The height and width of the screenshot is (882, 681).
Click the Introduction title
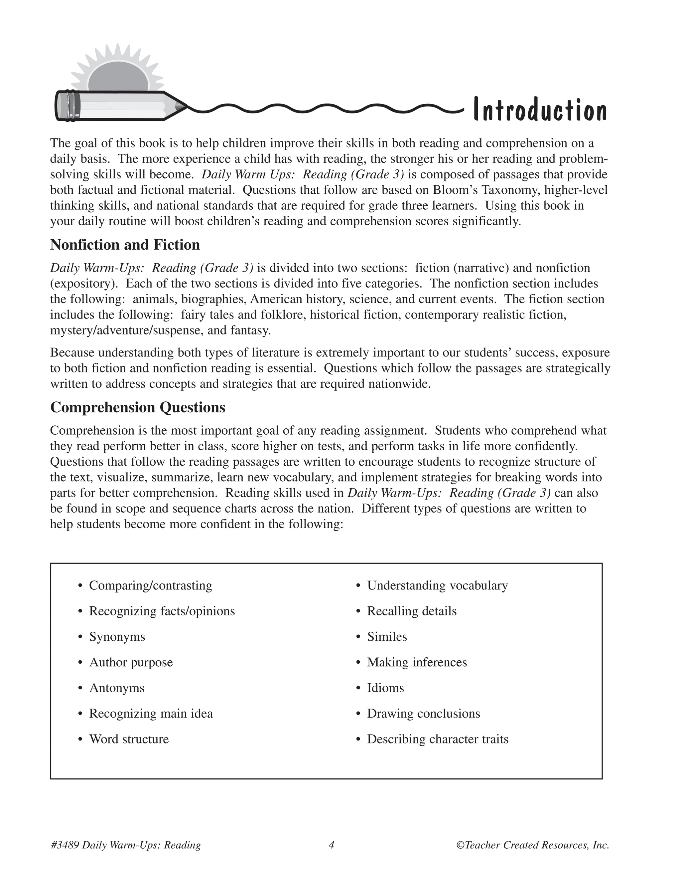point(540,110)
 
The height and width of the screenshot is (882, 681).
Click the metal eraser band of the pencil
point(71,106)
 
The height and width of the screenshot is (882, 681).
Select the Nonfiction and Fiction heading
point(125,245)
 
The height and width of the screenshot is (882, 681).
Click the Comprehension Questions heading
point(138,407)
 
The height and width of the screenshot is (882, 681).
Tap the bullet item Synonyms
point(117,637)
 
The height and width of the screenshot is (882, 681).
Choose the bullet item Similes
point(386,637)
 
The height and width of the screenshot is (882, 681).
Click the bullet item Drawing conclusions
point(423,714)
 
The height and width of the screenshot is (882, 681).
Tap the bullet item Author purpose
point(131,662)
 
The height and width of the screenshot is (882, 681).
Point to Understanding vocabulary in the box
point(437,585)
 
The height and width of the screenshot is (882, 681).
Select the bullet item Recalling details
point(412,611)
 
